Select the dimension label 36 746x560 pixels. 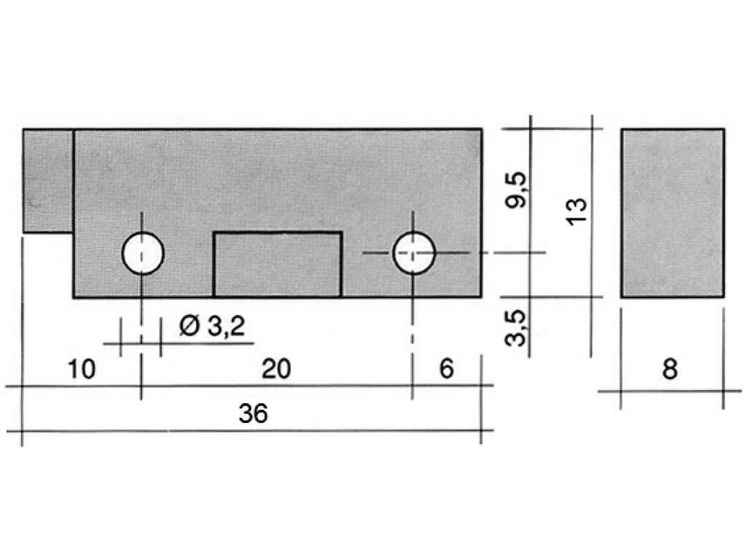click(253, 413)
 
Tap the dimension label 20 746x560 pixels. click(276, 369)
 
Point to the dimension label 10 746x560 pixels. click(82, 369)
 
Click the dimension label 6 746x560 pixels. click(447, 369)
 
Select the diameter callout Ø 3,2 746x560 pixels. click(212, 327)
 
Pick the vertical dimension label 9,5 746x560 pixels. click(517, 190)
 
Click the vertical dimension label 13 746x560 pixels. click(578, 211)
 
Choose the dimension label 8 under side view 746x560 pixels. click(670, 369)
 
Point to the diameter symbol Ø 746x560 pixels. click(189, 327)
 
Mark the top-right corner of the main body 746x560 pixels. click(482, 128)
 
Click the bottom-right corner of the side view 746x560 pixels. click(725, 297)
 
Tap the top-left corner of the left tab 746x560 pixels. click(23, 128)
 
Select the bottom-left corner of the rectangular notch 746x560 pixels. click(213, 297)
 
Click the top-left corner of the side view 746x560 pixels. click(621, 128)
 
